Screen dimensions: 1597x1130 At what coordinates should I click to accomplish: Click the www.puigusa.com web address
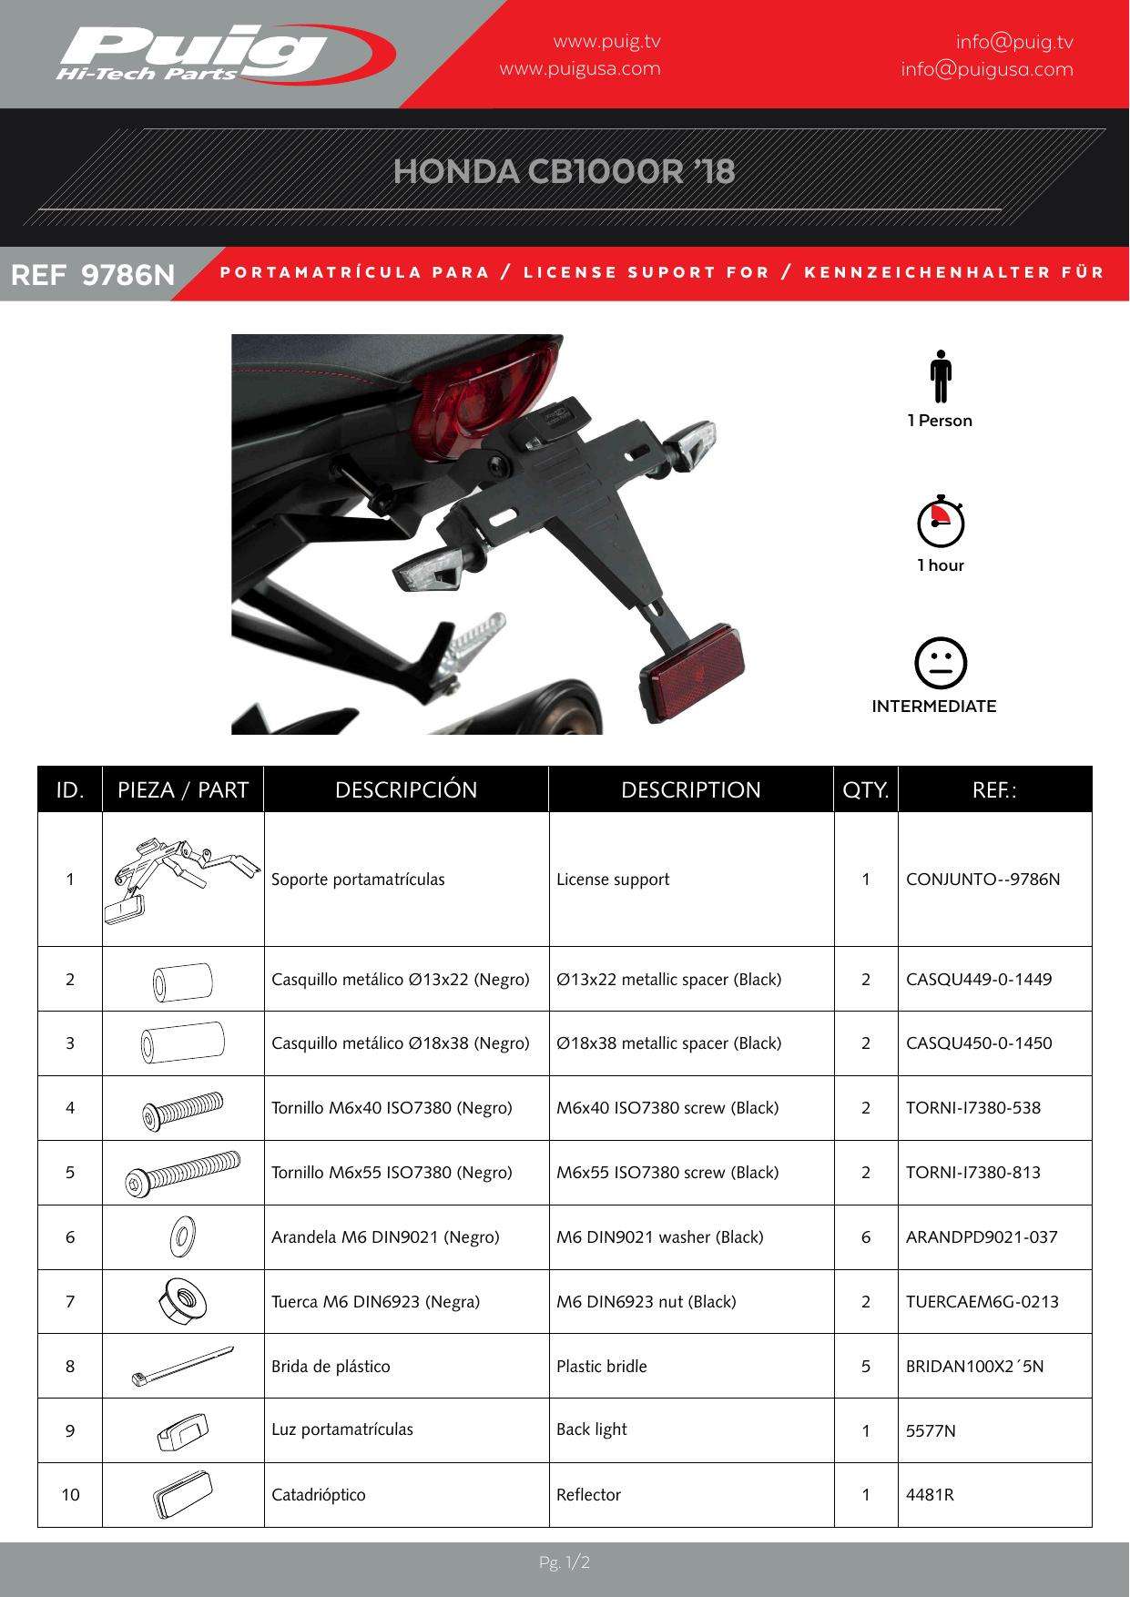580,68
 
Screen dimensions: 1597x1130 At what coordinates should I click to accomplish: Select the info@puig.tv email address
1013,42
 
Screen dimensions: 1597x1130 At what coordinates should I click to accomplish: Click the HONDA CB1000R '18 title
564,171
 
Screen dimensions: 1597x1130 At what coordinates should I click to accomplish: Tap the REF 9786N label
92,274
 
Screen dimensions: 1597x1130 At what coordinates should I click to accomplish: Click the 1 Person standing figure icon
940,376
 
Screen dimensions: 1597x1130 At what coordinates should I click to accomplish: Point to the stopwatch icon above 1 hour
940,522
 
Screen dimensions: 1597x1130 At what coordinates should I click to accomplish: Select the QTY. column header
865,789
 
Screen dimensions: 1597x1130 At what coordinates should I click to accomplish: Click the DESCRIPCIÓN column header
406,789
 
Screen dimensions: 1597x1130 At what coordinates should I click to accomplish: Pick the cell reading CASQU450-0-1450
979,1043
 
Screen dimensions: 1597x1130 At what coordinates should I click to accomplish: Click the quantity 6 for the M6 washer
865,1237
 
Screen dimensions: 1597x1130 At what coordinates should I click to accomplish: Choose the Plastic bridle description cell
602,1367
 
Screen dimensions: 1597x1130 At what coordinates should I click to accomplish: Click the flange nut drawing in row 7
182,1299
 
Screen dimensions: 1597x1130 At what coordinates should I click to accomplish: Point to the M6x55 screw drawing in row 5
182,1174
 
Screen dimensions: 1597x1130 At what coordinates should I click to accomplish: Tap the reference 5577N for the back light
931,1431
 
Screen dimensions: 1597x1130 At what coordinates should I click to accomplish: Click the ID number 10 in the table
70,1495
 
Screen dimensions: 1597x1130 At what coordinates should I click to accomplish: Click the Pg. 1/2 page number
565,1563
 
